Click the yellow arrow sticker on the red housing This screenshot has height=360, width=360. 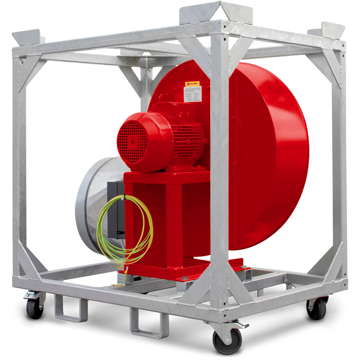tap(192, 84)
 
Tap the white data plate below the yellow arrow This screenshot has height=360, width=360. tap(192, 95)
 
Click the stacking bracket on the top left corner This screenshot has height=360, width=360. tap(28, 37)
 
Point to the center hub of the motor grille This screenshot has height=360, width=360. tap(133, 140)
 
